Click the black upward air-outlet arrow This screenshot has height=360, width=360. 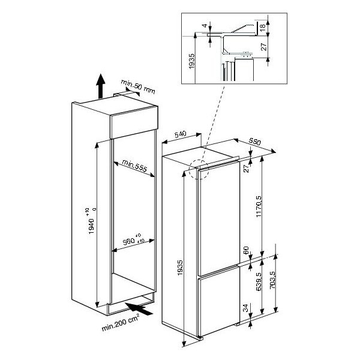click(101, 86)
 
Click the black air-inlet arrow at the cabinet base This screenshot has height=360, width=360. click(139, 309)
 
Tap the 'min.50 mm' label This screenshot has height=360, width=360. click(138, 87)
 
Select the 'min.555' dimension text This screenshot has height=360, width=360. click(134, 166)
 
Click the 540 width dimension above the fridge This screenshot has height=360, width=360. click(181, 134)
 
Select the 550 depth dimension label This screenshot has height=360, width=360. click(255, 142)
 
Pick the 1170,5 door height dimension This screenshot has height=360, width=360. click(259, 206)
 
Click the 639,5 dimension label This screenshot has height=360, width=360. click(259, 282)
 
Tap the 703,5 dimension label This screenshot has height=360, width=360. click(272, 280)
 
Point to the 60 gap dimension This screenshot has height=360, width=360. click(246, 250)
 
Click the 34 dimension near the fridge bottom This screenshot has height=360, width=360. click(246, 308)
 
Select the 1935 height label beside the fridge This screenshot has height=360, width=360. click(180, 268)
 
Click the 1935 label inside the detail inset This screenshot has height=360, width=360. click(191, 61)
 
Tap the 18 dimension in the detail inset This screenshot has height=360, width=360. click(263, 26)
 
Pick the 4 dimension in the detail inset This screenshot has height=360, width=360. click(205, 25)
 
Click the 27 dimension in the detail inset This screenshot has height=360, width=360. click(265, 47)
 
